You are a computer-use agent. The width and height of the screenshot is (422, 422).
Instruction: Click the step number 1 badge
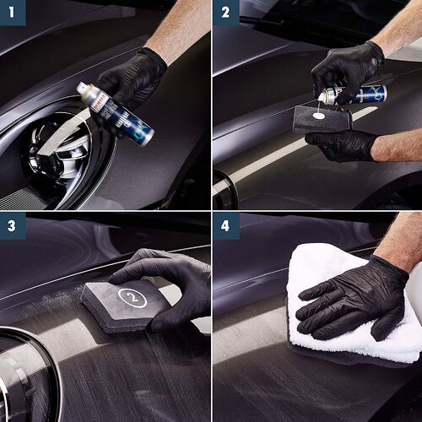pyautogui.click(x=12, y=12)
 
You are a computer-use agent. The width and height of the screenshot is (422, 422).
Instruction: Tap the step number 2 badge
pyautogui.click(x=225, y=12)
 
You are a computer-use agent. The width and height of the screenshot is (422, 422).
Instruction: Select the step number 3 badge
pyautogui.click(x=12, y=225)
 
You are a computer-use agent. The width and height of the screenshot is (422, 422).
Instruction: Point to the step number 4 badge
pyautogui.click(x=225, y=225)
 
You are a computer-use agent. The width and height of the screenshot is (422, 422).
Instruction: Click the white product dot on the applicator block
pyautogui.click(x=318, y=115)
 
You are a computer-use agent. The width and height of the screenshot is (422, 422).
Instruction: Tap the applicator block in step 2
pyautogui.click(x=322, y=120)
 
